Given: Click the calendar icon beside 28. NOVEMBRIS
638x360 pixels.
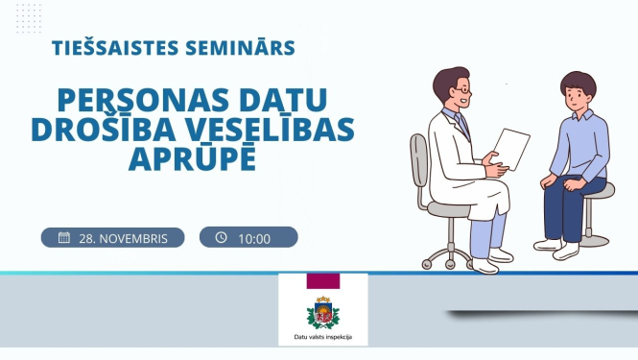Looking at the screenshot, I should (x=64, y=237).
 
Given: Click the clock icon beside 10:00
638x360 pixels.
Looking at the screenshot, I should (x=222, y=237).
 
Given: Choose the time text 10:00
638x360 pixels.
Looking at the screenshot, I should (x=254, y=238).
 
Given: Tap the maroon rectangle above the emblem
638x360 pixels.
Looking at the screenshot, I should (x=322, y=281).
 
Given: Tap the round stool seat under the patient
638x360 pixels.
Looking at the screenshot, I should (x=597, y=190).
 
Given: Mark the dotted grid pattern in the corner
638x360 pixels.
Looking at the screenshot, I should (x=29, y=17).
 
